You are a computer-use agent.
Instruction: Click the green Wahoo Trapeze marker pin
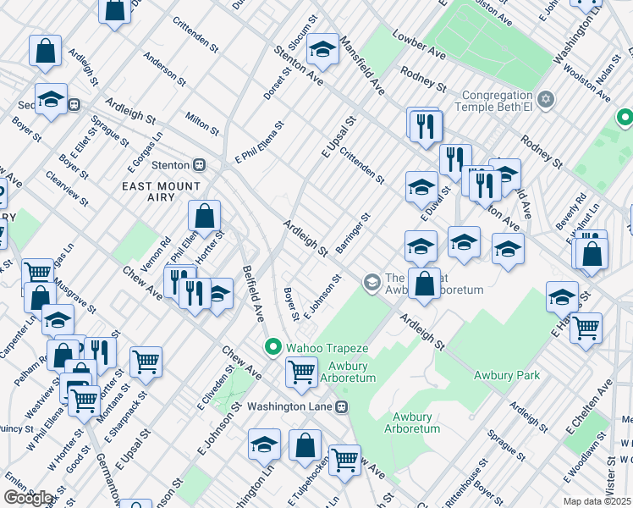click(272, 346)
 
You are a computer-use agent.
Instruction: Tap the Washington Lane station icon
click(342, 406)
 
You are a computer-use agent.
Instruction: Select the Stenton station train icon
click(200, 164)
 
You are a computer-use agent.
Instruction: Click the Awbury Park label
click(506, 375)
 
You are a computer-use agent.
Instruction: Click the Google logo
click(28, 498)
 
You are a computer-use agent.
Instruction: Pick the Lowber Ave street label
click(419, 45)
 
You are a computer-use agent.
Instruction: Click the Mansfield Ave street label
click(362, 65)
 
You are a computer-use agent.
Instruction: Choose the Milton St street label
click(202, 120)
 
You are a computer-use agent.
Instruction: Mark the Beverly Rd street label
click(571, 213)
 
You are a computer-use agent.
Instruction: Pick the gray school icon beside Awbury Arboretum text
click(371, 281)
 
